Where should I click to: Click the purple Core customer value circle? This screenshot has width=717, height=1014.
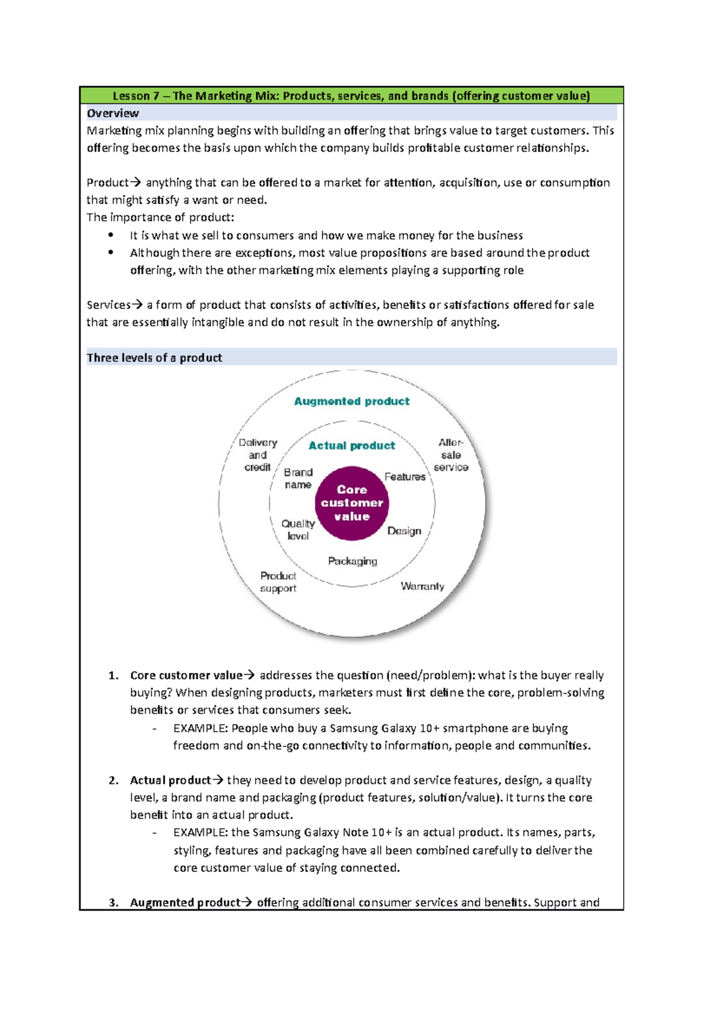[x=352, y=503]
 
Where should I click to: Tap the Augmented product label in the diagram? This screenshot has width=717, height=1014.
[x=351, y=401]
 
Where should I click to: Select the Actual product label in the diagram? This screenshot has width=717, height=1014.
[x=351, y=445]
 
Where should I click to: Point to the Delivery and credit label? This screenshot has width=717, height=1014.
[x=258, y=455]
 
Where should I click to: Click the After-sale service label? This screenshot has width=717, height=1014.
[x=451, y=455]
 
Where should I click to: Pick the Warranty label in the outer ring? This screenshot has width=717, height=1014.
[x=422, y=586]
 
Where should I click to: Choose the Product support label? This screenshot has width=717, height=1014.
[x=278, y=582]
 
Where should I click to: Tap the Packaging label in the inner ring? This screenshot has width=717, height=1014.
[x=353, y=561]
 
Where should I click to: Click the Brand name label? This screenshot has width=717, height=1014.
[x=298, y=478]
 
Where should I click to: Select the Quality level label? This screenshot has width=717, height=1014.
[x=298, y=530]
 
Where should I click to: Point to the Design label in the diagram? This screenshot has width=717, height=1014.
[x=405, y=531]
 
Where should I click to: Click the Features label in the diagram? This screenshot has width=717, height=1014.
[x=405, y=477]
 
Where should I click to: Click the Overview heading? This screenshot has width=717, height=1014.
[x=113, y=113]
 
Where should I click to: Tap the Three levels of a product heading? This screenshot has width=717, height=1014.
[x=154, y=358]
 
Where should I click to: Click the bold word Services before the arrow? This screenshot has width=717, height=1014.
[x=108, y=305]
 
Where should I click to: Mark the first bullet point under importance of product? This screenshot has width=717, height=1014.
[x=111, y=235]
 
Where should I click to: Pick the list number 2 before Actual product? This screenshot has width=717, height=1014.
[x=114, y=781]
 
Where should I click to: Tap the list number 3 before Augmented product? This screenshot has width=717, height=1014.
[x=114, y=903]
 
